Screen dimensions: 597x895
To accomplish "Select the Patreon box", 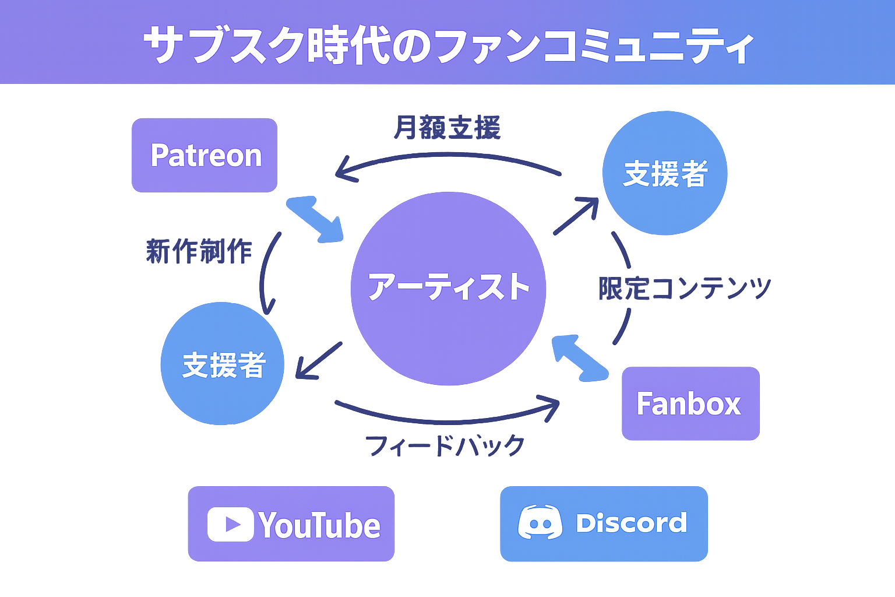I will coord(205,155).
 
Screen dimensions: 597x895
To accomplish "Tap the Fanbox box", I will coord(690,403).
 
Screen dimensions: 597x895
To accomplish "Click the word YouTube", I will coord(319,525).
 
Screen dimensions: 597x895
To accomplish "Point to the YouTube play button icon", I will coord(231,524).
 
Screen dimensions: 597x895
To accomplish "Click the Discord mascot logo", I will coord(540,522).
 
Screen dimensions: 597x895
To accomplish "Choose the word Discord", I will coord(631,523).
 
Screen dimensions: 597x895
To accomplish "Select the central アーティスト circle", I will coord(448,288).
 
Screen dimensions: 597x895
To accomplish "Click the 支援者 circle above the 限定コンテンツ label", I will coord(664,173).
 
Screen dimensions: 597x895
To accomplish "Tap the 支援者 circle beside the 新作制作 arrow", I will coord(223,364).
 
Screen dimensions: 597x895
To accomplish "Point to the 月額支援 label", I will coord(447,128).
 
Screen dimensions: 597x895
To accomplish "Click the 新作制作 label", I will coord(199,251).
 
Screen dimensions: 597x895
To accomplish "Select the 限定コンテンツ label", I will coord(685,288).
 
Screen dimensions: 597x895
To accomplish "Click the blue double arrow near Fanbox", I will coord(580,357).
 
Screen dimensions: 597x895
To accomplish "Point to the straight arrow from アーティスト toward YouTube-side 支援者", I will coord(319,360).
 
